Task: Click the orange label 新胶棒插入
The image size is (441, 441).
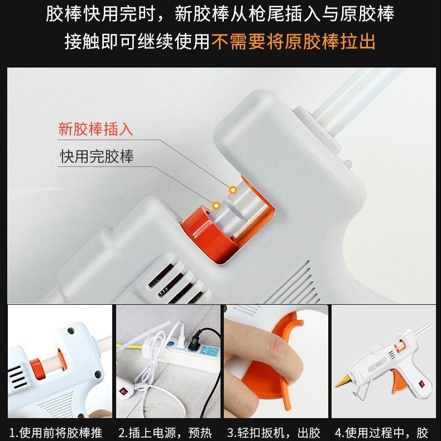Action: coord(95,129)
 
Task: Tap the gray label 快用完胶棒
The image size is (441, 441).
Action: coord(97,156)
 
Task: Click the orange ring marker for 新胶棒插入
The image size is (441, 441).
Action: coord(233,190)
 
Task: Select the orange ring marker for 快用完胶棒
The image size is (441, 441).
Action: coord(216,206)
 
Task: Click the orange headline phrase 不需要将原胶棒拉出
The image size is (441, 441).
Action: coord(293,42)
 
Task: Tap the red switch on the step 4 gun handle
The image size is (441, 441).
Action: coord(421,384)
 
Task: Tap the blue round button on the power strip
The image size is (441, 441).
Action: coord(170,343)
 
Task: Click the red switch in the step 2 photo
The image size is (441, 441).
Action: coord(123,391)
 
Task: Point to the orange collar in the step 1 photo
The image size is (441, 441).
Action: coord(37,368)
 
